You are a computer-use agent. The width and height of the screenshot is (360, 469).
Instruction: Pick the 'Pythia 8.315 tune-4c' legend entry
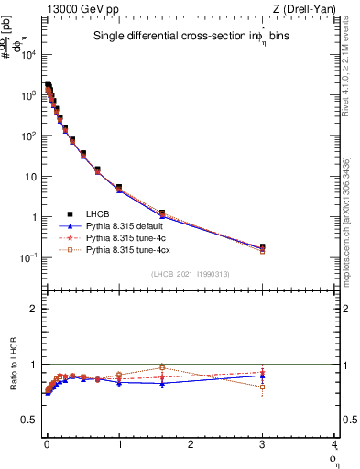[125, 237]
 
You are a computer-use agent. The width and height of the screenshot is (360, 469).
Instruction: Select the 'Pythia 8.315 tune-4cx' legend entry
[127, 249]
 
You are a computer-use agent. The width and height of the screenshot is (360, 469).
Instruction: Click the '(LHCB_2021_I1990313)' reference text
[190, 275]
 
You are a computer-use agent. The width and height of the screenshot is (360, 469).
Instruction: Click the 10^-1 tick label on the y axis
[30, 258]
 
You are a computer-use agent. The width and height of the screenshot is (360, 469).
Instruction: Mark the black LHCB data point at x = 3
[263, 247]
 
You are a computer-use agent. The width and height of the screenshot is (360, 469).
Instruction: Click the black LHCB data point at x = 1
[119, 187]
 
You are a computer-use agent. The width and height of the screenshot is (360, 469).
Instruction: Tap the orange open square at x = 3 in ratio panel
[263, 387]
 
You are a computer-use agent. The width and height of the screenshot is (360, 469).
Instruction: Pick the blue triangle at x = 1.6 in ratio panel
[162, 383]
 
